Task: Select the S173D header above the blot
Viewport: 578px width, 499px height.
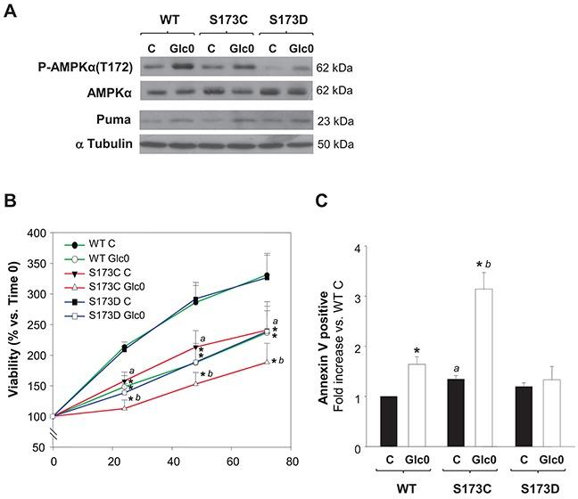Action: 289,19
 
